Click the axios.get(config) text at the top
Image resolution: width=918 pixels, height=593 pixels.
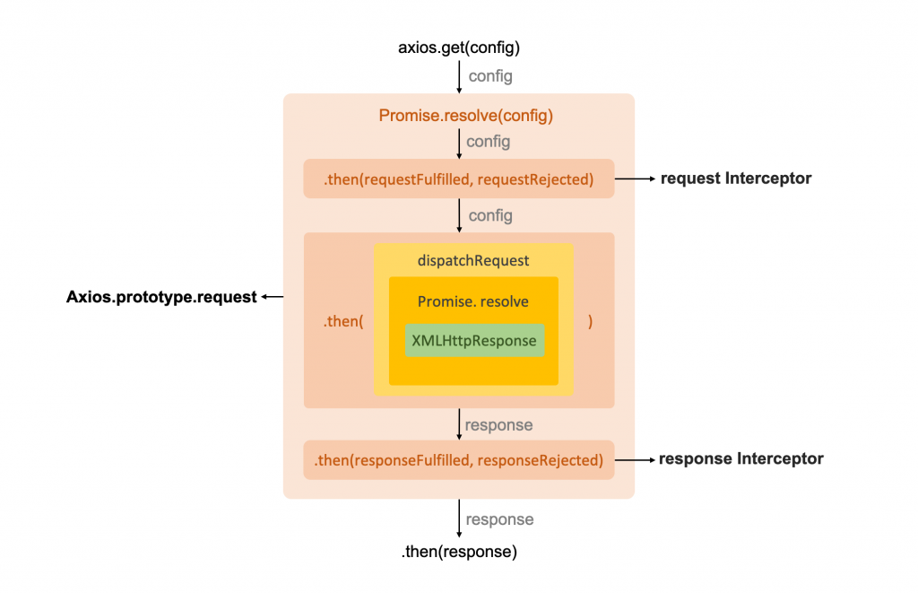[x=458, y=47]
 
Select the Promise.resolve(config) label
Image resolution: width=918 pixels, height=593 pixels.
[x=465, y=115]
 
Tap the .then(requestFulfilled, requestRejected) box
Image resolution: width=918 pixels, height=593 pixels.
[x=458, y=179]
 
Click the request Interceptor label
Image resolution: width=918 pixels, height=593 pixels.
[x=736, y=179]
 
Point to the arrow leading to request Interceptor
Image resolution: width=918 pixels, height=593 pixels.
[x=636, y=179]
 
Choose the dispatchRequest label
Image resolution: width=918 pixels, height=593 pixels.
[x=473, y=261]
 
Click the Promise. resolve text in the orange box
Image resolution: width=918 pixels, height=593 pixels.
[x=472, y=301]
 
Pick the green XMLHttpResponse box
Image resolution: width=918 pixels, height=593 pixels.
[x=474, y=340]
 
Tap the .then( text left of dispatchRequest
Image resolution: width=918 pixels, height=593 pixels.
[x=343, y=321]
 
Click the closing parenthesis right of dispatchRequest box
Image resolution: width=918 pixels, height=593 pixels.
[x=590, y=321]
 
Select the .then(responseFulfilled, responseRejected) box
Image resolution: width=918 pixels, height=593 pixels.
[x=458, y=459]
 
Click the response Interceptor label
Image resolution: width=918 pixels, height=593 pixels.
[x=740, y=459]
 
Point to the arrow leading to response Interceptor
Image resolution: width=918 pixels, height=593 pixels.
[x=635, y=459]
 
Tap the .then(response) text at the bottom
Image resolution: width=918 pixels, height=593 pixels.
[x=459, y=552]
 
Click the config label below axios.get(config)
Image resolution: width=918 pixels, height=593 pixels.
[x=490, y=76]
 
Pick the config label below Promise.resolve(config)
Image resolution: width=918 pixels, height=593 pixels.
[x=489, y=142]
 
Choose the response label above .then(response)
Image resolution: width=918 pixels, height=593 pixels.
[x=499, y=519]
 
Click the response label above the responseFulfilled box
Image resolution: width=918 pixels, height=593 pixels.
[x=498, y=424]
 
